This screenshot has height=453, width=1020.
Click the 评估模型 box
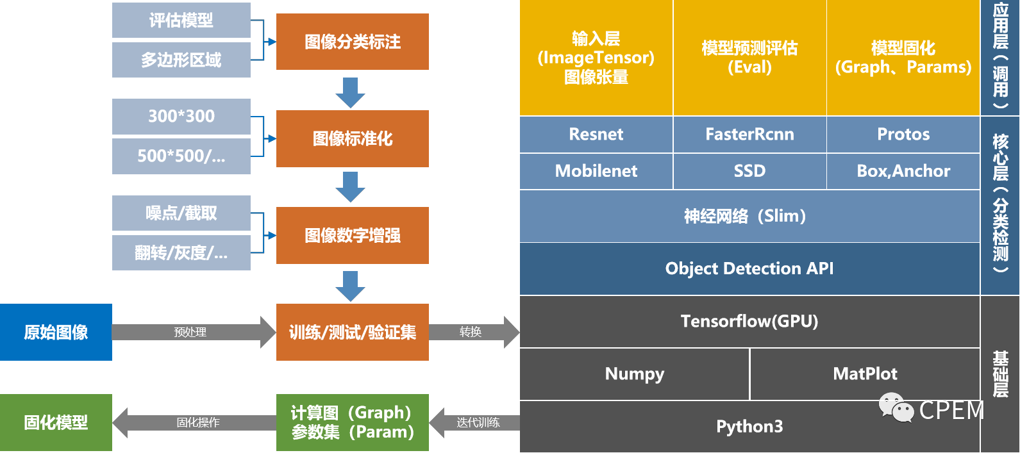click(x=181, y=21)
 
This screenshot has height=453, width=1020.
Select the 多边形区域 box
click(x=181, y=60)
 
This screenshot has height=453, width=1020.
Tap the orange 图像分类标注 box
click(x=352, y=42)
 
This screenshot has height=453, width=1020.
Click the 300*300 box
click(x=181, y=117)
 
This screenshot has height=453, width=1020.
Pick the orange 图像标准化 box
click(x=352, y=139)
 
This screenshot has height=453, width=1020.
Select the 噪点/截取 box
click(x=181, y=213)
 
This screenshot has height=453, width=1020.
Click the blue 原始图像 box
click(x=56, y=332)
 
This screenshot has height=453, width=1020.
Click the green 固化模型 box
click(x=56, y=422)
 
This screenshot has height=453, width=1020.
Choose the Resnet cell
click(x=596, y=135)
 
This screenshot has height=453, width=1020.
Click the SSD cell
click(x=749, y=171)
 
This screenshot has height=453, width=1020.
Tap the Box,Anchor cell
click(x=903, y=171)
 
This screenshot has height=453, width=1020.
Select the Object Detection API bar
click(x=749, y=268)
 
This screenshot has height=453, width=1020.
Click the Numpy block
click(x=634, y=374)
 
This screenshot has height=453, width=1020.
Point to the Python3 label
click(x=749, y=427)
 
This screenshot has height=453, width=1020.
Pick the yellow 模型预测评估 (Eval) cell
click(x=749, y=58)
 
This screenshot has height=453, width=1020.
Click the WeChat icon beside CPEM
click(x=896, y=408)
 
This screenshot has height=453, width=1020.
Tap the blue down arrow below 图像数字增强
click(x=350, y=286)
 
